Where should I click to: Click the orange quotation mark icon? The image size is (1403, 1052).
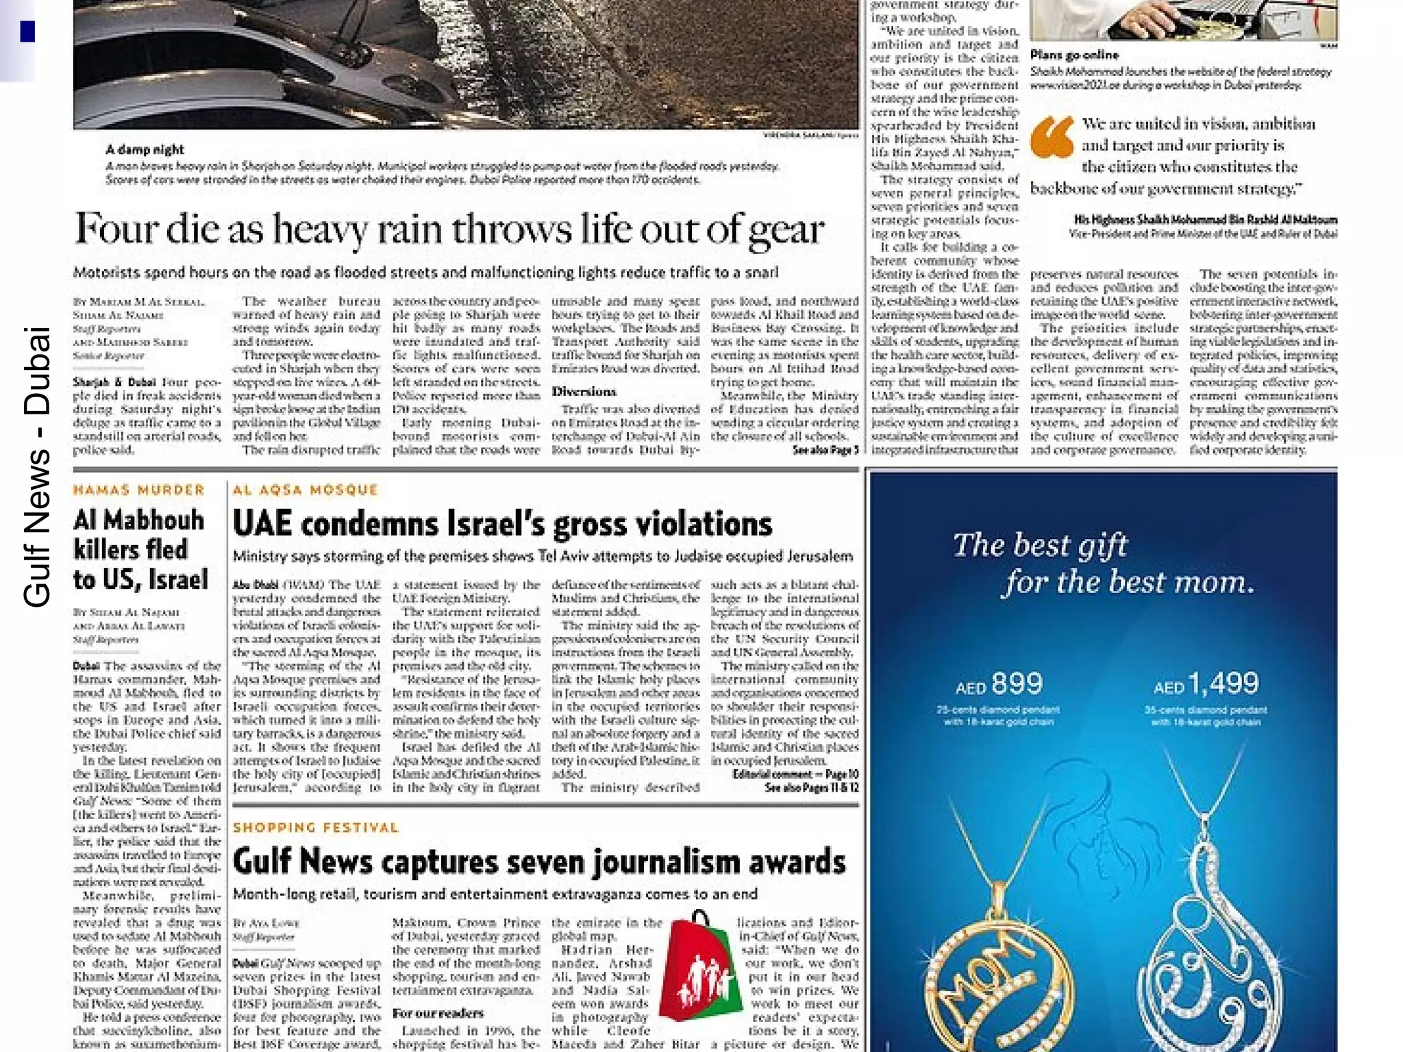[x=1052, y=137]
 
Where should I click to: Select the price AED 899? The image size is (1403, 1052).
[x=999, y=684]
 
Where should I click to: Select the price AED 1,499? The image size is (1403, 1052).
[x=1206, y=684]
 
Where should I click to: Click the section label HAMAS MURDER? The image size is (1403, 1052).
[x=139, y=490]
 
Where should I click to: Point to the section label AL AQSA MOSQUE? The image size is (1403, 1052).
[x=306, y=490]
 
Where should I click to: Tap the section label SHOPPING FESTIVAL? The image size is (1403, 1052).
[x=316, y=828]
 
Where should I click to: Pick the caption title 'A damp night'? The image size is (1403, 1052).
[x=145, y=149]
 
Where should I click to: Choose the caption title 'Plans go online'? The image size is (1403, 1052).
[x=1074, y=55]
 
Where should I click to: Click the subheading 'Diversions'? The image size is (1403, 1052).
[x=584, y=392]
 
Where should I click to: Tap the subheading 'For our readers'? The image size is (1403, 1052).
[x=438, y=1013]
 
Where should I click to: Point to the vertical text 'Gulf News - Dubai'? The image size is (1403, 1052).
[x=37, y=466]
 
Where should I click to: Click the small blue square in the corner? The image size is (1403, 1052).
[x=27, y=32]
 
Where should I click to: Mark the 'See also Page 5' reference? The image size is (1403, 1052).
[x=825, y=450]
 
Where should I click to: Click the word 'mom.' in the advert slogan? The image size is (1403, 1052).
[x=1213, y=583]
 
